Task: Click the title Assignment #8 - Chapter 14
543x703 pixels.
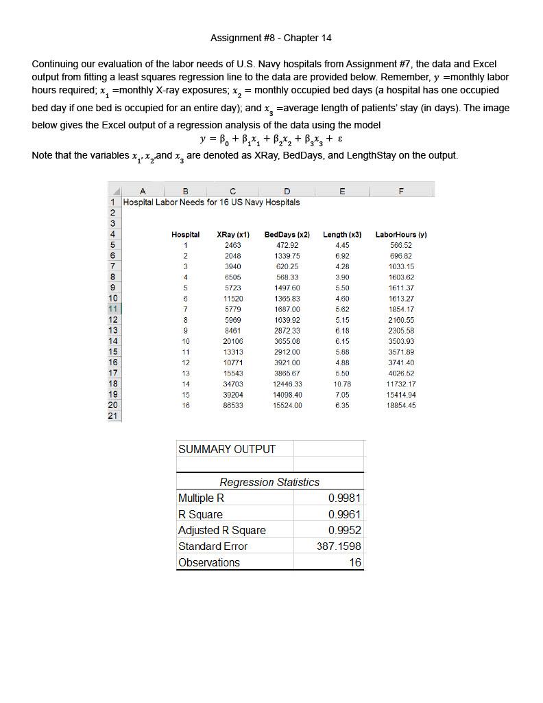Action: (x=271, y=38)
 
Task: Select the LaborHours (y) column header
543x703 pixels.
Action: (x=401, y=235)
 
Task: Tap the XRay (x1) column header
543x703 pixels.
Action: (x=232, y=235)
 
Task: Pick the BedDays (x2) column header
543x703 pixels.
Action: (x=287, y=235)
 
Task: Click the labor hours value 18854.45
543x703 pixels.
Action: (x=401, y=405)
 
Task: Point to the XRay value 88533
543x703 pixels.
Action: (x=232, y=405)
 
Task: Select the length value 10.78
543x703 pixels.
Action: (x=342, y=384)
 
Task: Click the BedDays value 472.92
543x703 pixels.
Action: (x=287, y=245)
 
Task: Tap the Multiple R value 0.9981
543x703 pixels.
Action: (x=344, y=498)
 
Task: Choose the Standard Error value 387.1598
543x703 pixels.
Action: (x=339, y=546)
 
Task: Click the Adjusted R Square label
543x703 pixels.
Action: (x=221, y=530)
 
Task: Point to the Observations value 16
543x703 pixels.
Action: (x=354, y=562)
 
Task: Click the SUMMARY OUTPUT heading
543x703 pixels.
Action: (x=226, y=449)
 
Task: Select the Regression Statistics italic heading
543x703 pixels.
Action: (x=269, y=482)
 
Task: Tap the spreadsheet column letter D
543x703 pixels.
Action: (x=287, y=191)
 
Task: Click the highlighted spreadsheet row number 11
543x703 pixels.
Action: (x=113, y=309)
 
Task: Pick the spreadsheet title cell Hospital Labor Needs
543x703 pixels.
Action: (x=211, y=203)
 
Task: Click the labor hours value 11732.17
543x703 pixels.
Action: (x=401, y=384)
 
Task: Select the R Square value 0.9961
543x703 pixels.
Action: (x=344, y=514)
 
